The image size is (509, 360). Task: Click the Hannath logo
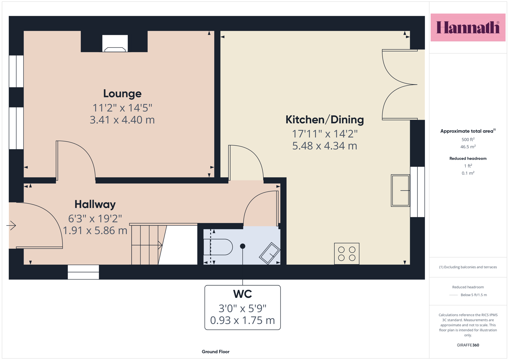click(x=468, y=27)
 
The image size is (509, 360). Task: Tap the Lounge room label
click(x=122, y=94)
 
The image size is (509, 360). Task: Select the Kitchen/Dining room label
click(x=324, y=120)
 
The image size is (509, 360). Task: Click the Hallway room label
click(x=95, y=204)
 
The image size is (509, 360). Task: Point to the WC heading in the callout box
click(x=242, y=294)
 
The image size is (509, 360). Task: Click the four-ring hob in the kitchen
click(x=347, y=254)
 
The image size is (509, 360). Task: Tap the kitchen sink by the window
click(x=400, y=190)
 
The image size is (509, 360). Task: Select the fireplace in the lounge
click(x=115, y=43)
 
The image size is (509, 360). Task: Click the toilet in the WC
click(x=218, y=247)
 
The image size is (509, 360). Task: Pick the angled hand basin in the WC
click(x=270, y=253)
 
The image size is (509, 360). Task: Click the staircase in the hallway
click(x=148, y=245)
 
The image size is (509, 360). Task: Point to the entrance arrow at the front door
click(x=11, y=225)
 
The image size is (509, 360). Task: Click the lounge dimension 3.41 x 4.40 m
click(x=122, y=120)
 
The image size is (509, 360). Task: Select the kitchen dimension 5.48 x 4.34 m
click(x=324, y=146)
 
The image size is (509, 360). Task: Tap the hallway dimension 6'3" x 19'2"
click(x=95, y=219)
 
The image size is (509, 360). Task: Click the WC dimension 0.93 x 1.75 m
click(x=242, y=320)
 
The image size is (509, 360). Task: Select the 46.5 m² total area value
click(x=468, y=147)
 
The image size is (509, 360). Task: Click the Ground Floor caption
click(x=216, y=352)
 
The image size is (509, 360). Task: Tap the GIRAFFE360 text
click(x=468, y=345)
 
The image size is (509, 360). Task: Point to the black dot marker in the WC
click(x=242, y=246)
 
